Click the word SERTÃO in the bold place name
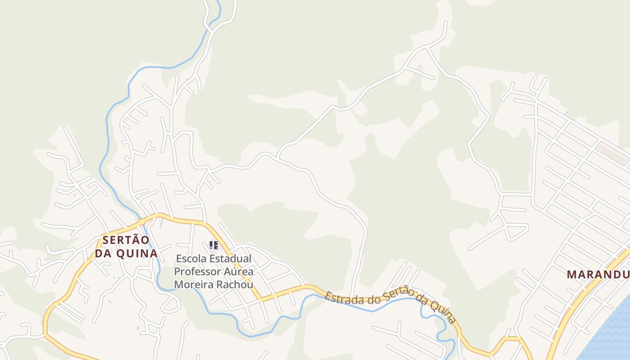pyautogui.click(x=126, y=240)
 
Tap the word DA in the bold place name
pyautogui.click(x=103, y=253)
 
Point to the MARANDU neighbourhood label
pyautogui.click(x=598, y=274)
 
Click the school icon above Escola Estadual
pyautogui.click(x=214, y=245)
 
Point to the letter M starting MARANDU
pyautogui.click(x=571, y=274)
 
